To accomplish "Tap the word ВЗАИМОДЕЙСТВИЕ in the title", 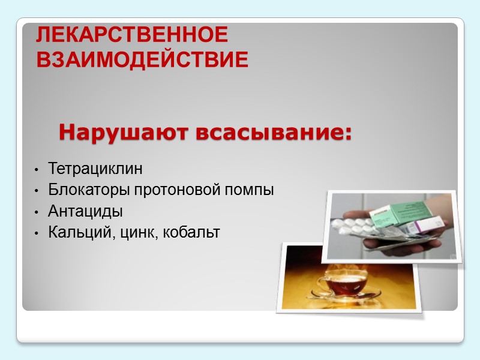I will click(x=142, y=60).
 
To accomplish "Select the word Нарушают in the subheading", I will click(x=122, y=131).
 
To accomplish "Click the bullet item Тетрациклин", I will click(x=96, y=168).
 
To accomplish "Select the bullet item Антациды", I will click(x=86, y=212).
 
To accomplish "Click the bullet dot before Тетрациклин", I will click(x=37, y=169).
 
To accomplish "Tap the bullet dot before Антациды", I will click(x=37, y=212).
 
